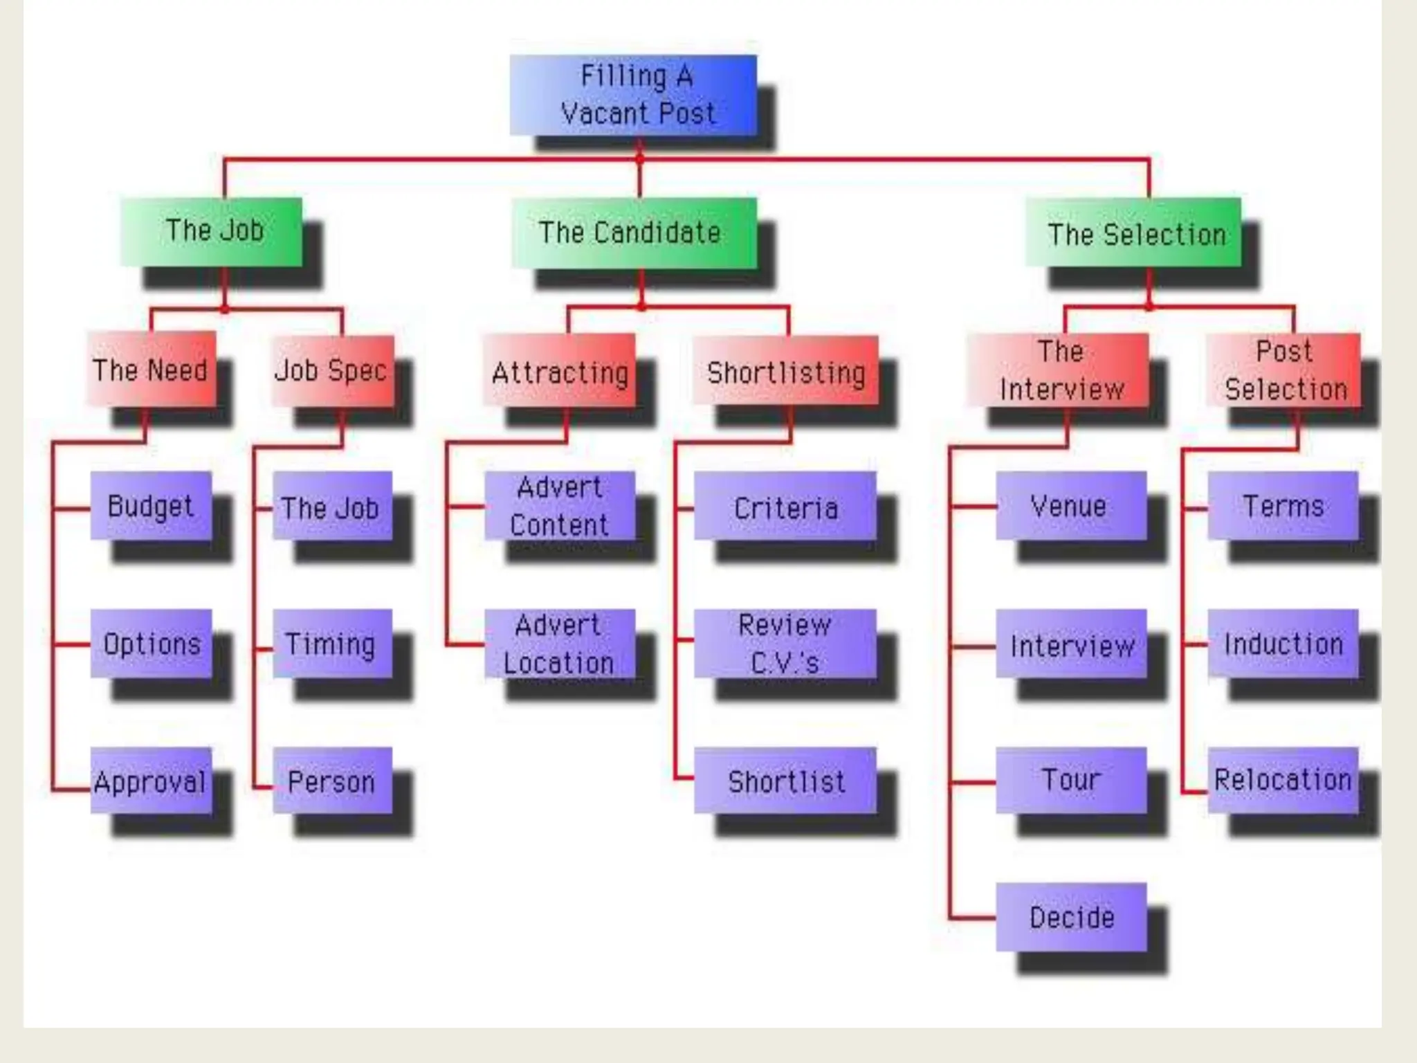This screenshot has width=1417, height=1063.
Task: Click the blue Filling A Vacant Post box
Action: pos(633,95)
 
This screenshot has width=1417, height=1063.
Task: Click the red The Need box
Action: pos(151,370)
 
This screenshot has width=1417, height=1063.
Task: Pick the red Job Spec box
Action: pos(332,370)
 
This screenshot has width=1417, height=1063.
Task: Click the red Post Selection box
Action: pos(1283,370)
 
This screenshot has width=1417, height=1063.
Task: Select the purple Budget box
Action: pos(151,506)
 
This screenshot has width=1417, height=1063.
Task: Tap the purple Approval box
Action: pos(151,781)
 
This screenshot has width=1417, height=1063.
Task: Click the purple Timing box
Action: pos(332,644)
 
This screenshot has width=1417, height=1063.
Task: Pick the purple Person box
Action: pos(332,781)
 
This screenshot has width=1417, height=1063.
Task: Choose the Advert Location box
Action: pos(559,644)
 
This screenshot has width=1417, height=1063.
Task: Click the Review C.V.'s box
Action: pos(785,644)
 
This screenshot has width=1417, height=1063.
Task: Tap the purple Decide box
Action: pos(1071,917)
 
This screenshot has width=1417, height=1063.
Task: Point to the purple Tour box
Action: pos(1071,781)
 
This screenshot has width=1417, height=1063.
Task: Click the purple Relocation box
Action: pos(1283,781)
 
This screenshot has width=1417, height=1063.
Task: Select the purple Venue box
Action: pos(1071,506)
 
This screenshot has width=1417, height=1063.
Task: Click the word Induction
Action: pos(1283,644)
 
